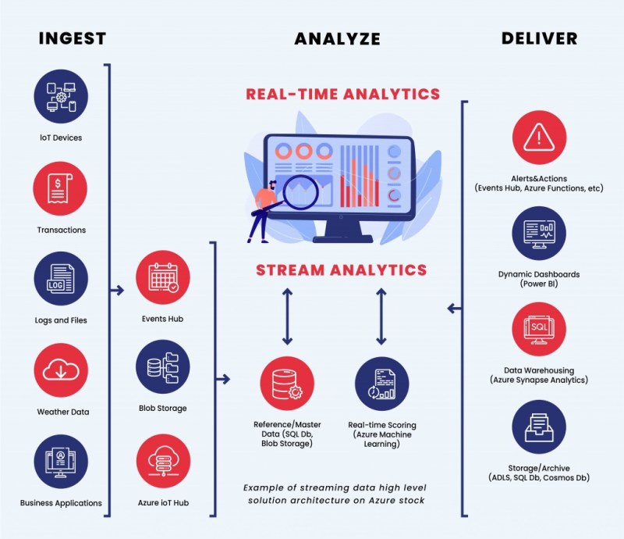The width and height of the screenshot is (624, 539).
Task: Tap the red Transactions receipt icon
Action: (60, 188)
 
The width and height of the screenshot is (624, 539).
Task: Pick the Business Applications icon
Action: (60, 461)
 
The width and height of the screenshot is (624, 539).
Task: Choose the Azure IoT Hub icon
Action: (162, 462)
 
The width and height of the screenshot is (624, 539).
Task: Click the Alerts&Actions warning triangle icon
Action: (539, 137)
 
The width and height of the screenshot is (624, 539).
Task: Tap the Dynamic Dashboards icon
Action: (539, 232)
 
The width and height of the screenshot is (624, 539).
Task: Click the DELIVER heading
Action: (539, 38)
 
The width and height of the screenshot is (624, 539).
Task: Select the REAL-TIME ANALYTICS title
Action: (343, 95)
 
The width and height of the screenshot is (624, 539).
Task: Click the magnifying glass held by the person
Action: (300, 191)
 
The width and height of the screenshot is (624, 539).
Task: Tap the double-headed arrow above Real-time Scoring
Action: (381, 316)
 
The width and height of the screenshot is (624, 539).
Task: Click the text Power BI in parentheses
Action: (539, 284)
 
